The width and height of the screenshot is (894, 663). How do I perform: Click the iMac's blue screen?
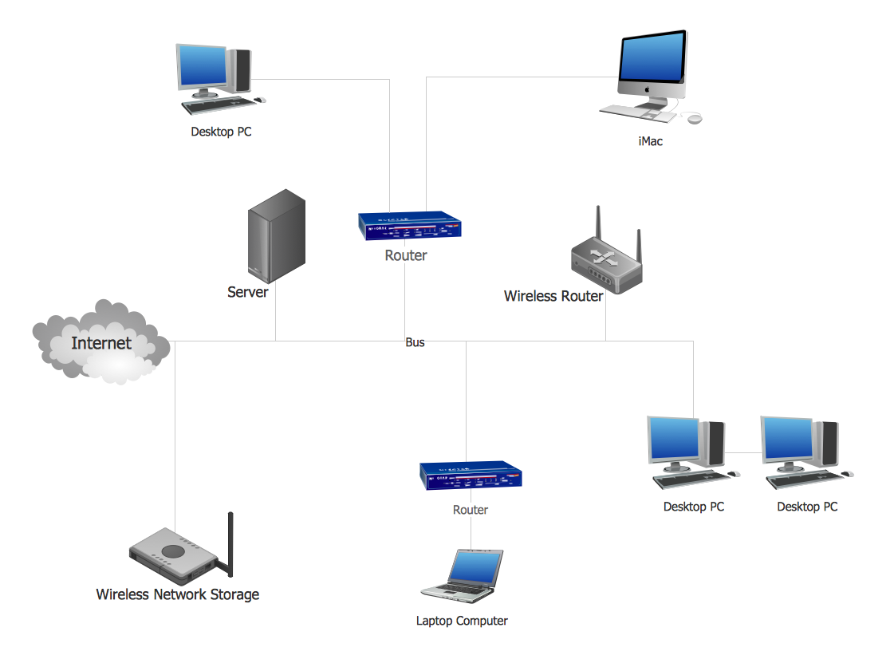pos(652,57)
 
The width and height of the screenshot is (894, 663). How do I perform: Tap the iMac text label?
pos(650,142)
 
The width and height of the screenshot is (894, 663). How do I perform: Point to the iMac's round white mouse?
pos(695,119)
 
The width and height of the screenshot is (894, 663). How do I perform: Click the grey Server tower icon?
pos(277,236)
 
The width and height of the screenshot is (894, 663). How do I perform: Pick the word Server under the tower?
pos(247,292)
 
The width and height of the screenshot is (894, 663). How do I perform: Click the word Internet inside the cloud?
pos(101,343)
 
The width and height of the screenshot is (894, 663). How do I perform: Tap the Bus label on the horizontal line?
pos(415,342)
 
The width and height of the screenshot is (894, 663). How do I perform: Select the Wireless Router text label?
pos(553,296)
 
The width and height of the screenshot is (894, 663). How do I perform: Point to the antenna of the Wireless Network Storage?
pos(230,543)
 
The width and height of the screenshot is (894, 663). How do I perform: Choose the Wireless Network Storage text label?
pos(177,594)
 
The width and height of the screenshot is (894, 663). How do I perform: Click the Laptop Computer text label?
pos(462,621)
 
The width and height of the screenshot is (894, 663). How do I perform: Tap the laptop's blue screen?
pos(475,566)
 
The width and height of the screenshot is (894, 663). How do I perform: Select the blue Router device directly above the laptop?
pos(471,475)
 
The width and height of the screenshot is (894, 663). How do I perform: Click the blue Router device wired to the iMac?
pos(410,226)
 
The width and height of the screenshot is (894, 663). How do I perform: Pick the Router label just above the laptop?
pos(471,510)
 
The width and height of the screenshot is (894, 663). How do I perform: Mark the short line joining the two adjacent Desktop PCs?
pos(742,453)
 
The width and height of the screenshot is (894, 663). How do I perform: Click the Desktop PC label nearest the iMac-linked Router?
pos(221,132)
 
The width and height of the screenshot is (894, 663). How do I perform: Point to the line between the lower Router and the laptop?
pos(471,533)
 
